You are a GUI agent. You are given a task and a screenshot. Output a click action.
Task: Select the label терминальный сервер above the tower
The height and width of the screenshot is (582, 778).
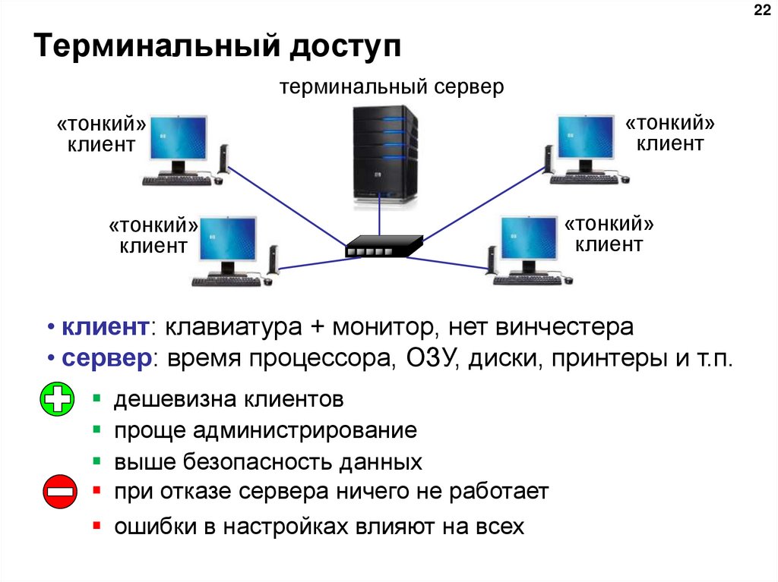(391, 87)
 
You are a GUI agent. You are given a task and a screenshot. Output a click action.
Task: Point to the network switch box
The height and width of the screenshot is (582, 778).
(384, 246)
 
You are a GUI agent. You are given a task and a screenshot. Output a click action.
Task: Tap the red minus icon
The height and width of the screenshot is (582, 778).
(59, 492)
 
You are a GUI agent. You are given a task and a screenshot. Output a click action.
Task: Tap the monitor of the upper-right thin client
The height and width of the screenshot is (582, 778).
(584, 137)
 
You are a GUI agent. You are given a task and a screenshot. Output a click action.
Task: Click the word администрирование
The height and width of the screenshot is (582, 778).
(304, 431)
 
